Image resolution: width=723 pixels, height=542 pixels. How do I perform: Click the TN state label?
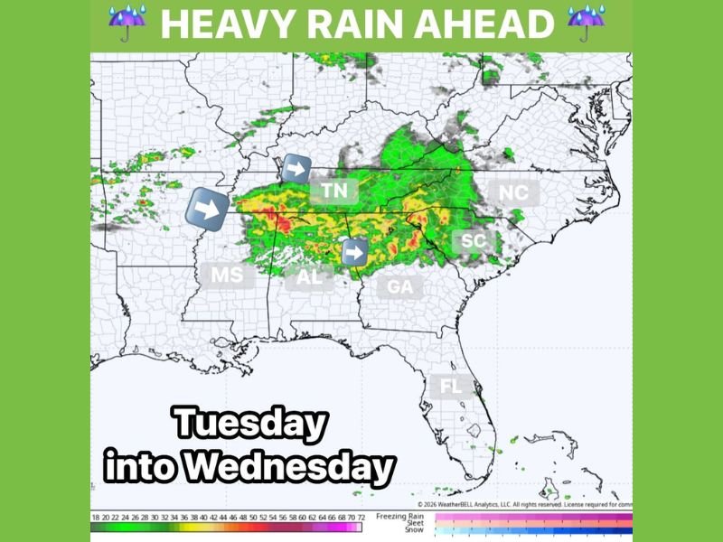334,191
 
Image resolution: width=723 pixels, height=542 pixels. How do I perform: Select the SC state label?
474,241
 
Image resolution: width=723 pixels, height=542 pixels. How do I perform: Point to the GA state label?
399,287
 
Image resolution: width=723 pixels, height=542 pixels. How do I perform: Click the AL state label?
309,277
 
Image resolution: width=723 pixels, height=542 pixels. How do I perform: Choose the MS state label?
227,275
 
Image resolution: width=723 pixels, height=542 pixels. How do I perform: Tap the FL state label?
450,387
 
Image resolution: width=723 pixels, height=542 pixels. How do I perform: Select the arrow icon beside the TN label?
296,169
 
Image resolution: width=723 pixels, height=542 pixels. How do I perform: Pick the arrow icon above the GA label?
355,252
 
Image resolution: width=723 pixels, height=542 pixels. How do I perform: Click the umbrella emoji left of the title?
127,23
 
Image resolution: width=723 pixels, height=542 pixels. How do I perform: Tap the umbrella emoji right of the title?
587,23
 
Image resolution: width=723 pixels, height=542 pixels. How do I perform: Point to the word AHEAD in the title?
493,24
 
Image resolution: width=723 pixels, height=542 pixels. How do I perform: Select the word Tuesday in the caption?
249,425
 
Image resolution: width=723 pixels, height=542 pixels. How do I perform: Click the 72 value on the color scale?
361,517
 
